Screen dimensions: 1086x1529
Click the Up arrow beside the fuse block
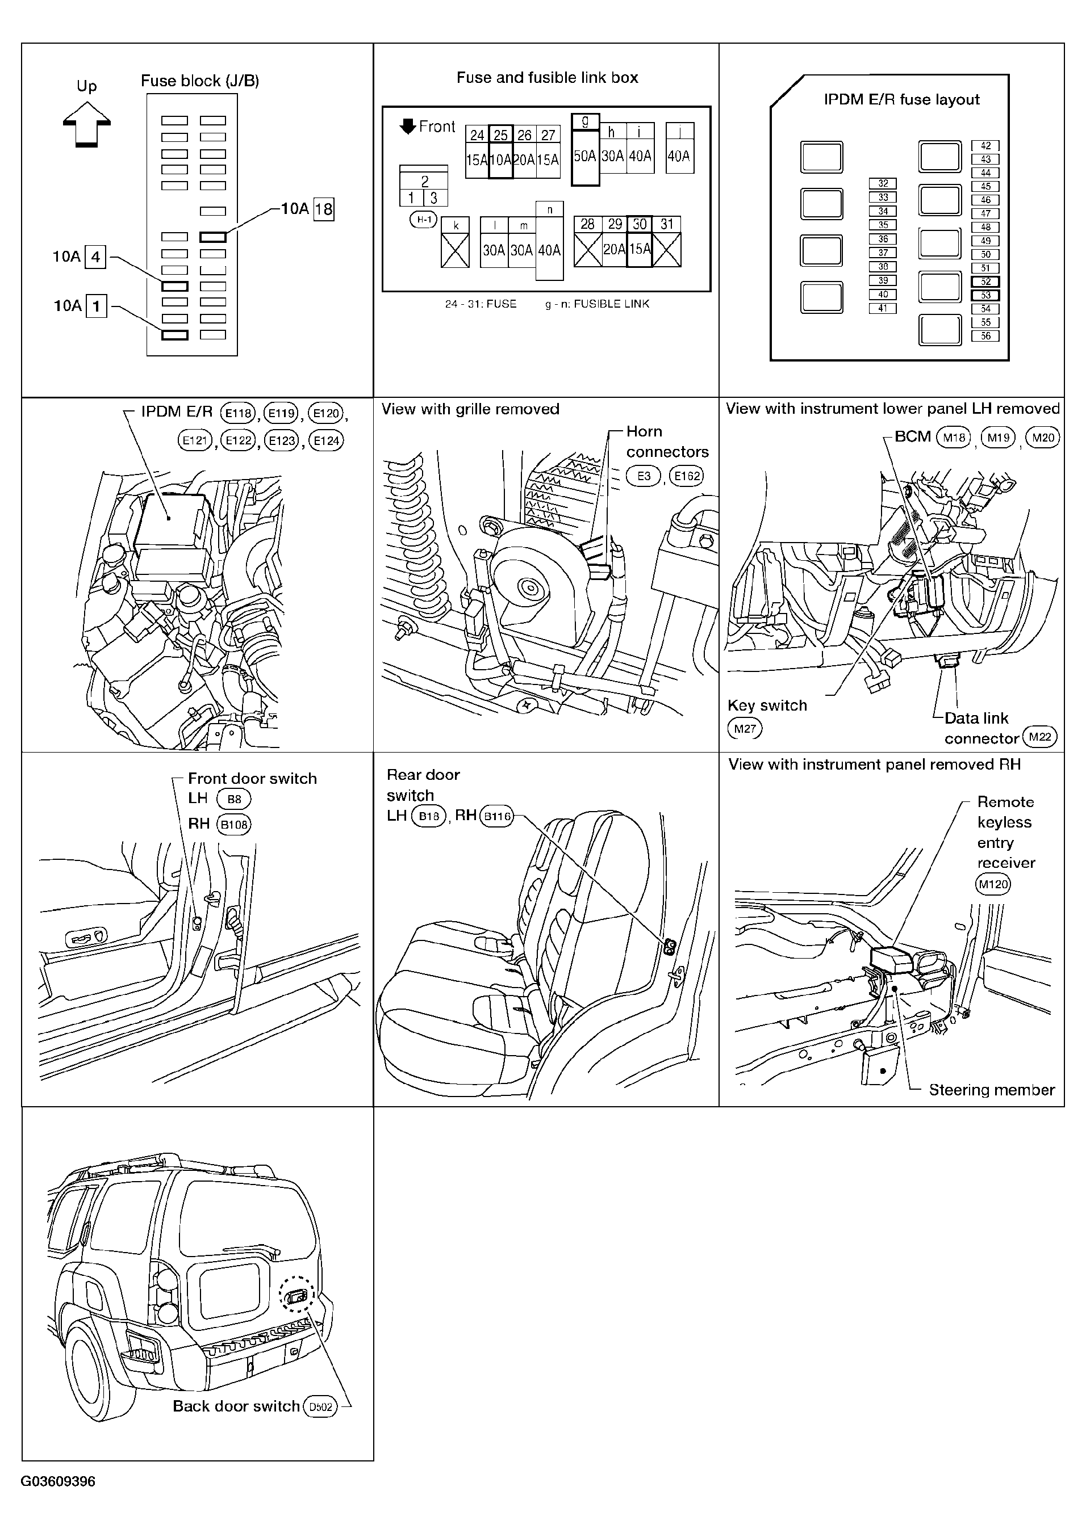click(86, 124)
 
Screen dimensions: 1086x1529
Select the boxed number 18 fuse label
click(324, 210)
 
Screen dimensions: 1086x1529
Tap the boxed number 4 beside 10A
click(95, 257)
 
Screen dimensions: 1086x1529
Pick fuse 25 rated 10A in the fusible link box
click(501, 152)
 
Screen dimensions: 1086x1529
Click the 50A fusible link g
click(585, 150)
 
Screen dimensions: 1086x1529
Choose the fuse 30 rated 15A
click(640, 241)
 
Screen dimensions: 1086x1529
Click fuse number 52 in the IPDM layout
click(985, 282)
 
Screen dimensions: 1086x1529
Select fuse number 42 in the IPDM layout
click(985, 146)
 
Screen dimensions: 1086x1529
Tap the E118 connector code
click(238, 413)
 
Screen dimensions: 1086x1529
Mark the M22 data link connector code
click(1040, 737)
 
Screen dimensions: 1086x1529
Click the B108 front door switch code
click(234, 825)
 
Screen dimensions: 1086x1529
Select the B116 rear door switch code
click(497, 816)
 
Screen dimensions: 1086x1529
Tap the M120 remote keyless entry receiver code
click(993, 884)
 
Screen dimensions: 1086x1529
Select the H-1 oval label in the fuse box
click(423, 219)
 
